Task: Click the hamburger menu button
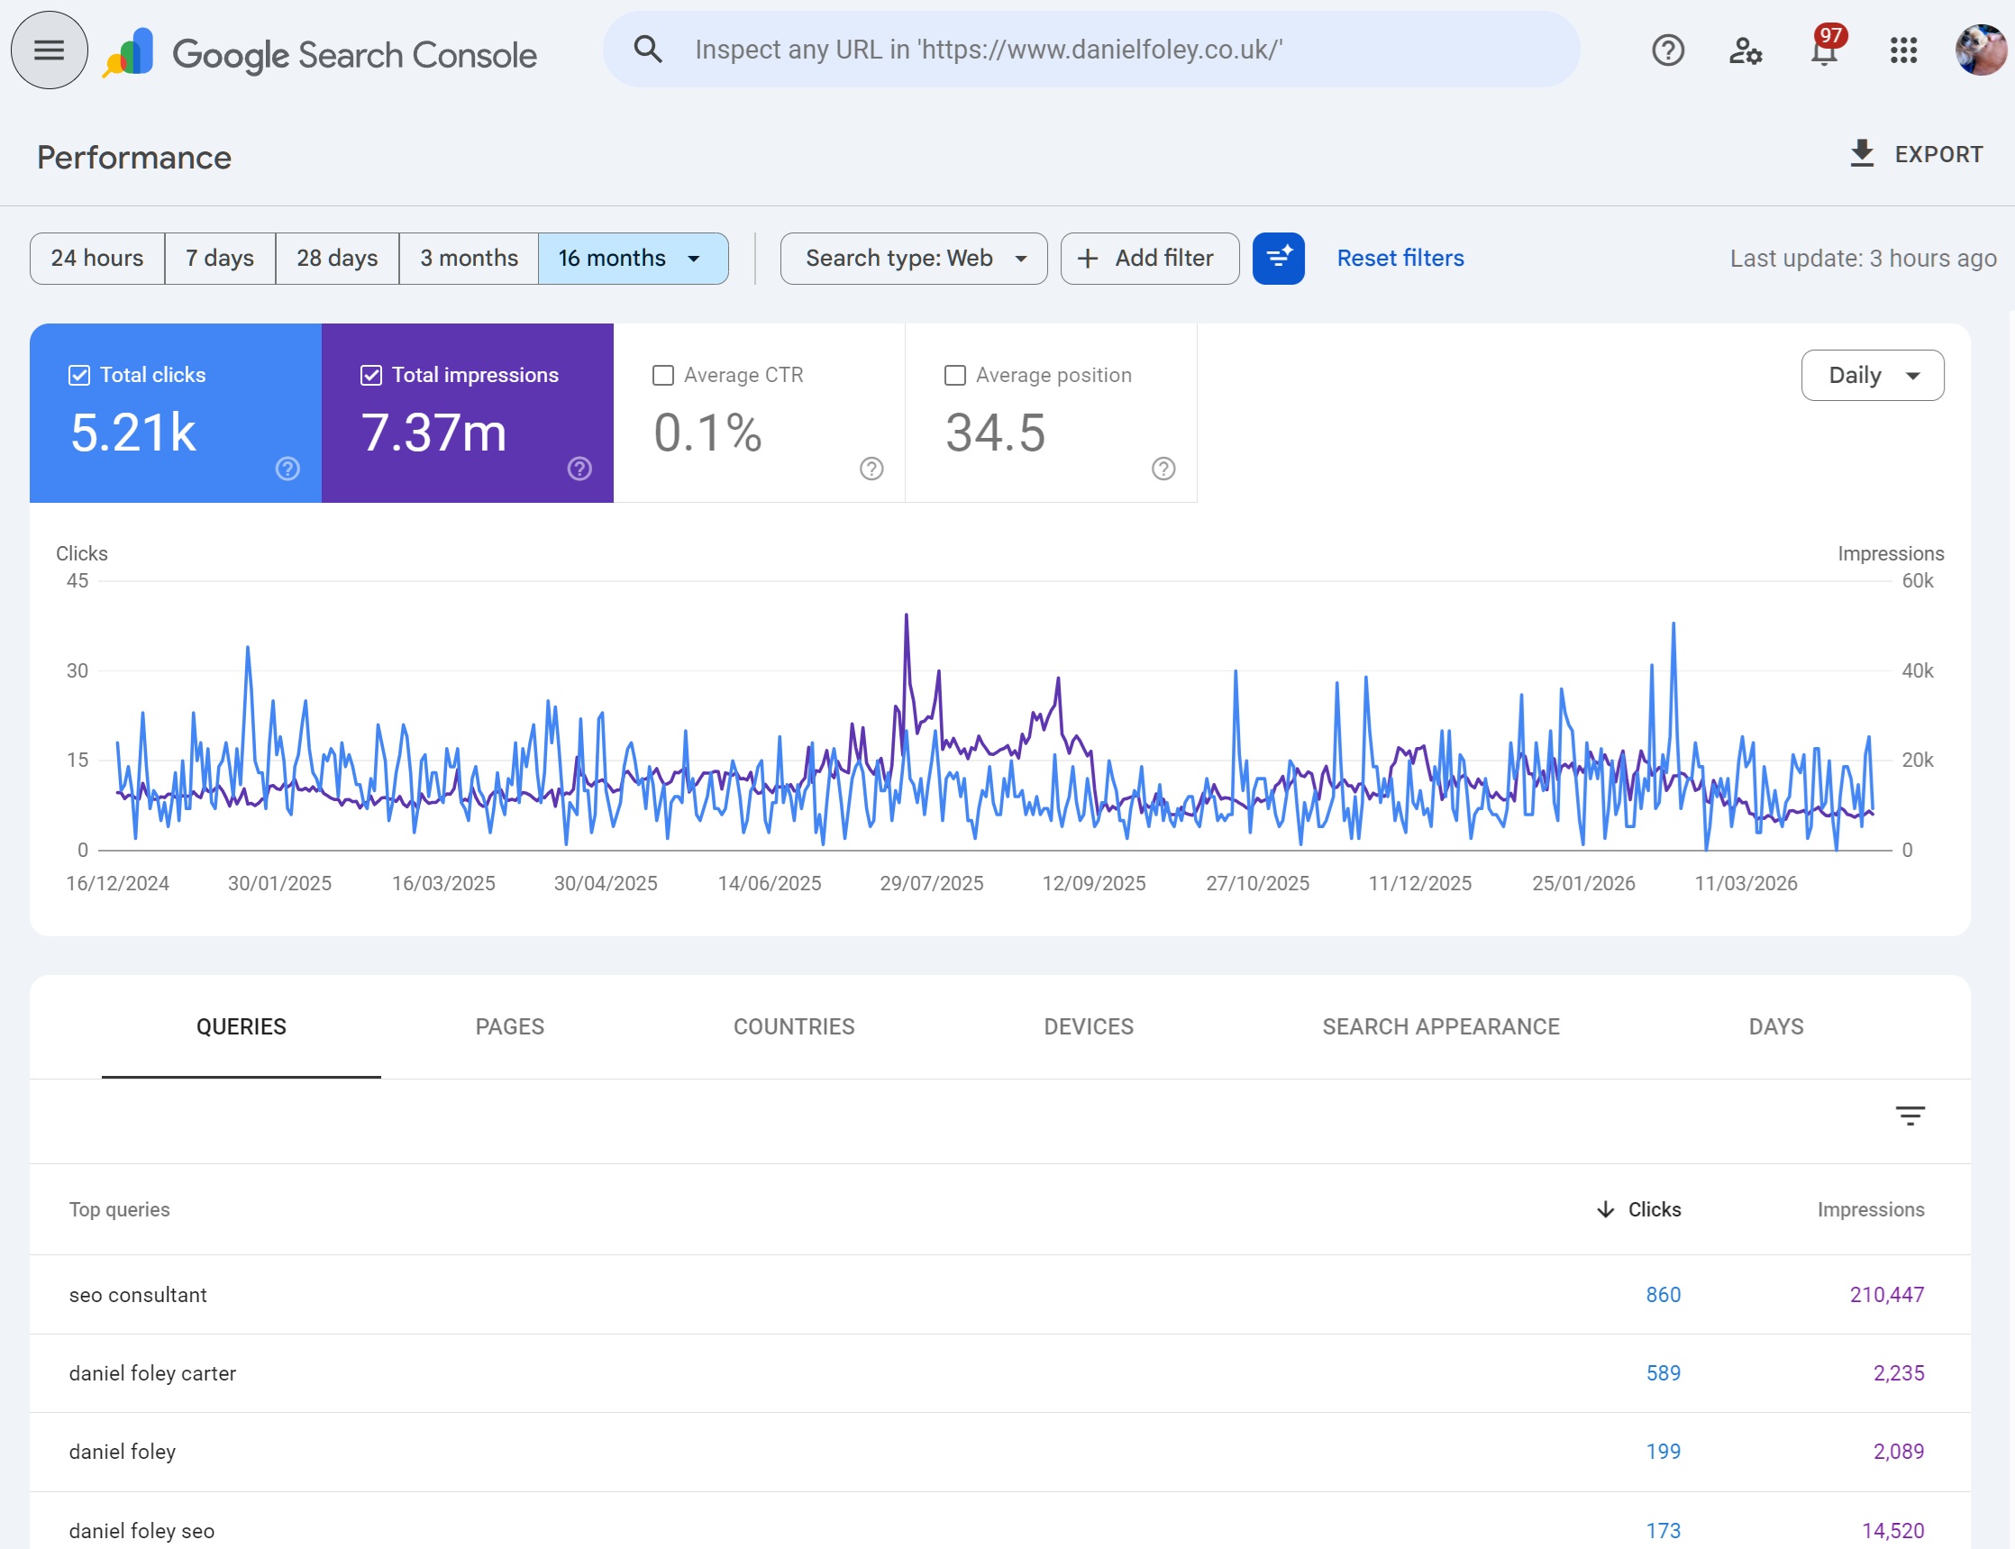click(49, 50)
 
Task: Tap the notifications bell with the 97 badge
click(1823, 50)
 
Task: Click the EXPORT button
click(1917, 154)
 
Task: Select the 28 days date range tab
click(337, 258)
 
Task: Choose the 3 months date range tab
click(469, 258)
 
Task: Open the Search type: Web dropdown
click(913, 258)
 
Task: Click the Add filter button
click(1148, 258)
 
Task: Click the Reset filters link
click(1399, 258)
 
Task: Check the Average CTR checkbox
click(662, 375)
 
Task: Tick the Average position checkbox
click(954, 375)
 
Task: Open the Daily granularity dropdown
click(1871, 375)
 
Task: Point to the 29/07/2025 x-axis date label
click(931, 883)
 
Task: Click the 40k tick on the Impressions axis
click(1917, 671)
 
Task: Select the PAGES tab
click(509, 1026)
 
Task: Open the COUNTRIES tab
click(793, 1026)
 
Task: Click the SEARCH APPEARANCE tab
click(1439, 1026)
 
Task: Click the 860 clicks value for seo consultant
click(1662, 1295)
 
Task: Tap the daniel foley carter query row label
click(152, 1373)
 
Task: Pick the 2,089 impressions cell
click(1897, 1452)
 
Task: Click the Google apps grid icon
click(1902, 50)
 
